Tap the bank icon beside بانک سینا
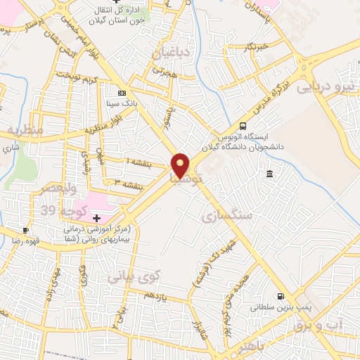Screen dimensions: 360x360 coord(122,93)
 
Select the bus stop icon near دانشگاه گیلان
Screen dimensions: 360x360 coord(243,120)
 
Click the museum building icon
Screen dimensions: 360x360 coord(269,174)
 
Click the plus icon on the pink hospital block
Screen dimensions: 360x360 coord(96,219)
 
